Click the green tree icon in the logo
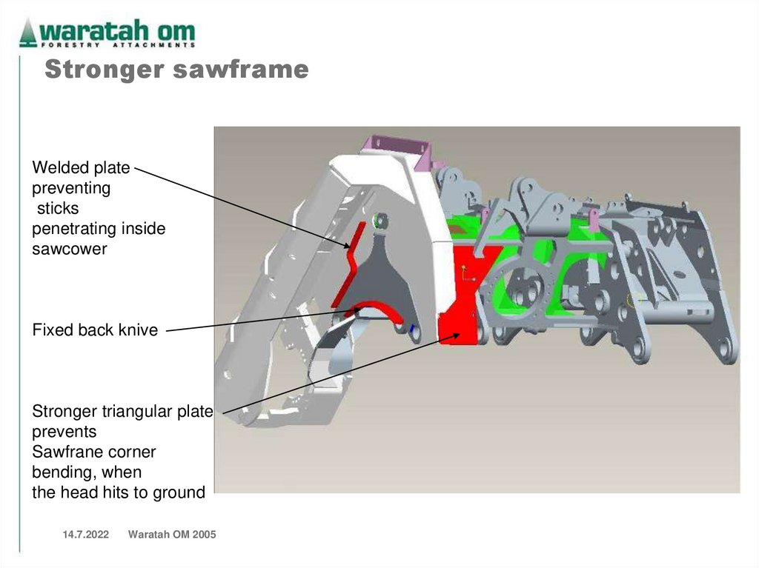[x=28, y=33]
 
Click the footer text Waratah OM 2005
[x=172, y=535]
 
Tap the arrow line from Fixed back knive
[x=259, y=320]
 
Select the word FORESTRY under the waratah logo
[x=64, y=45]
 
